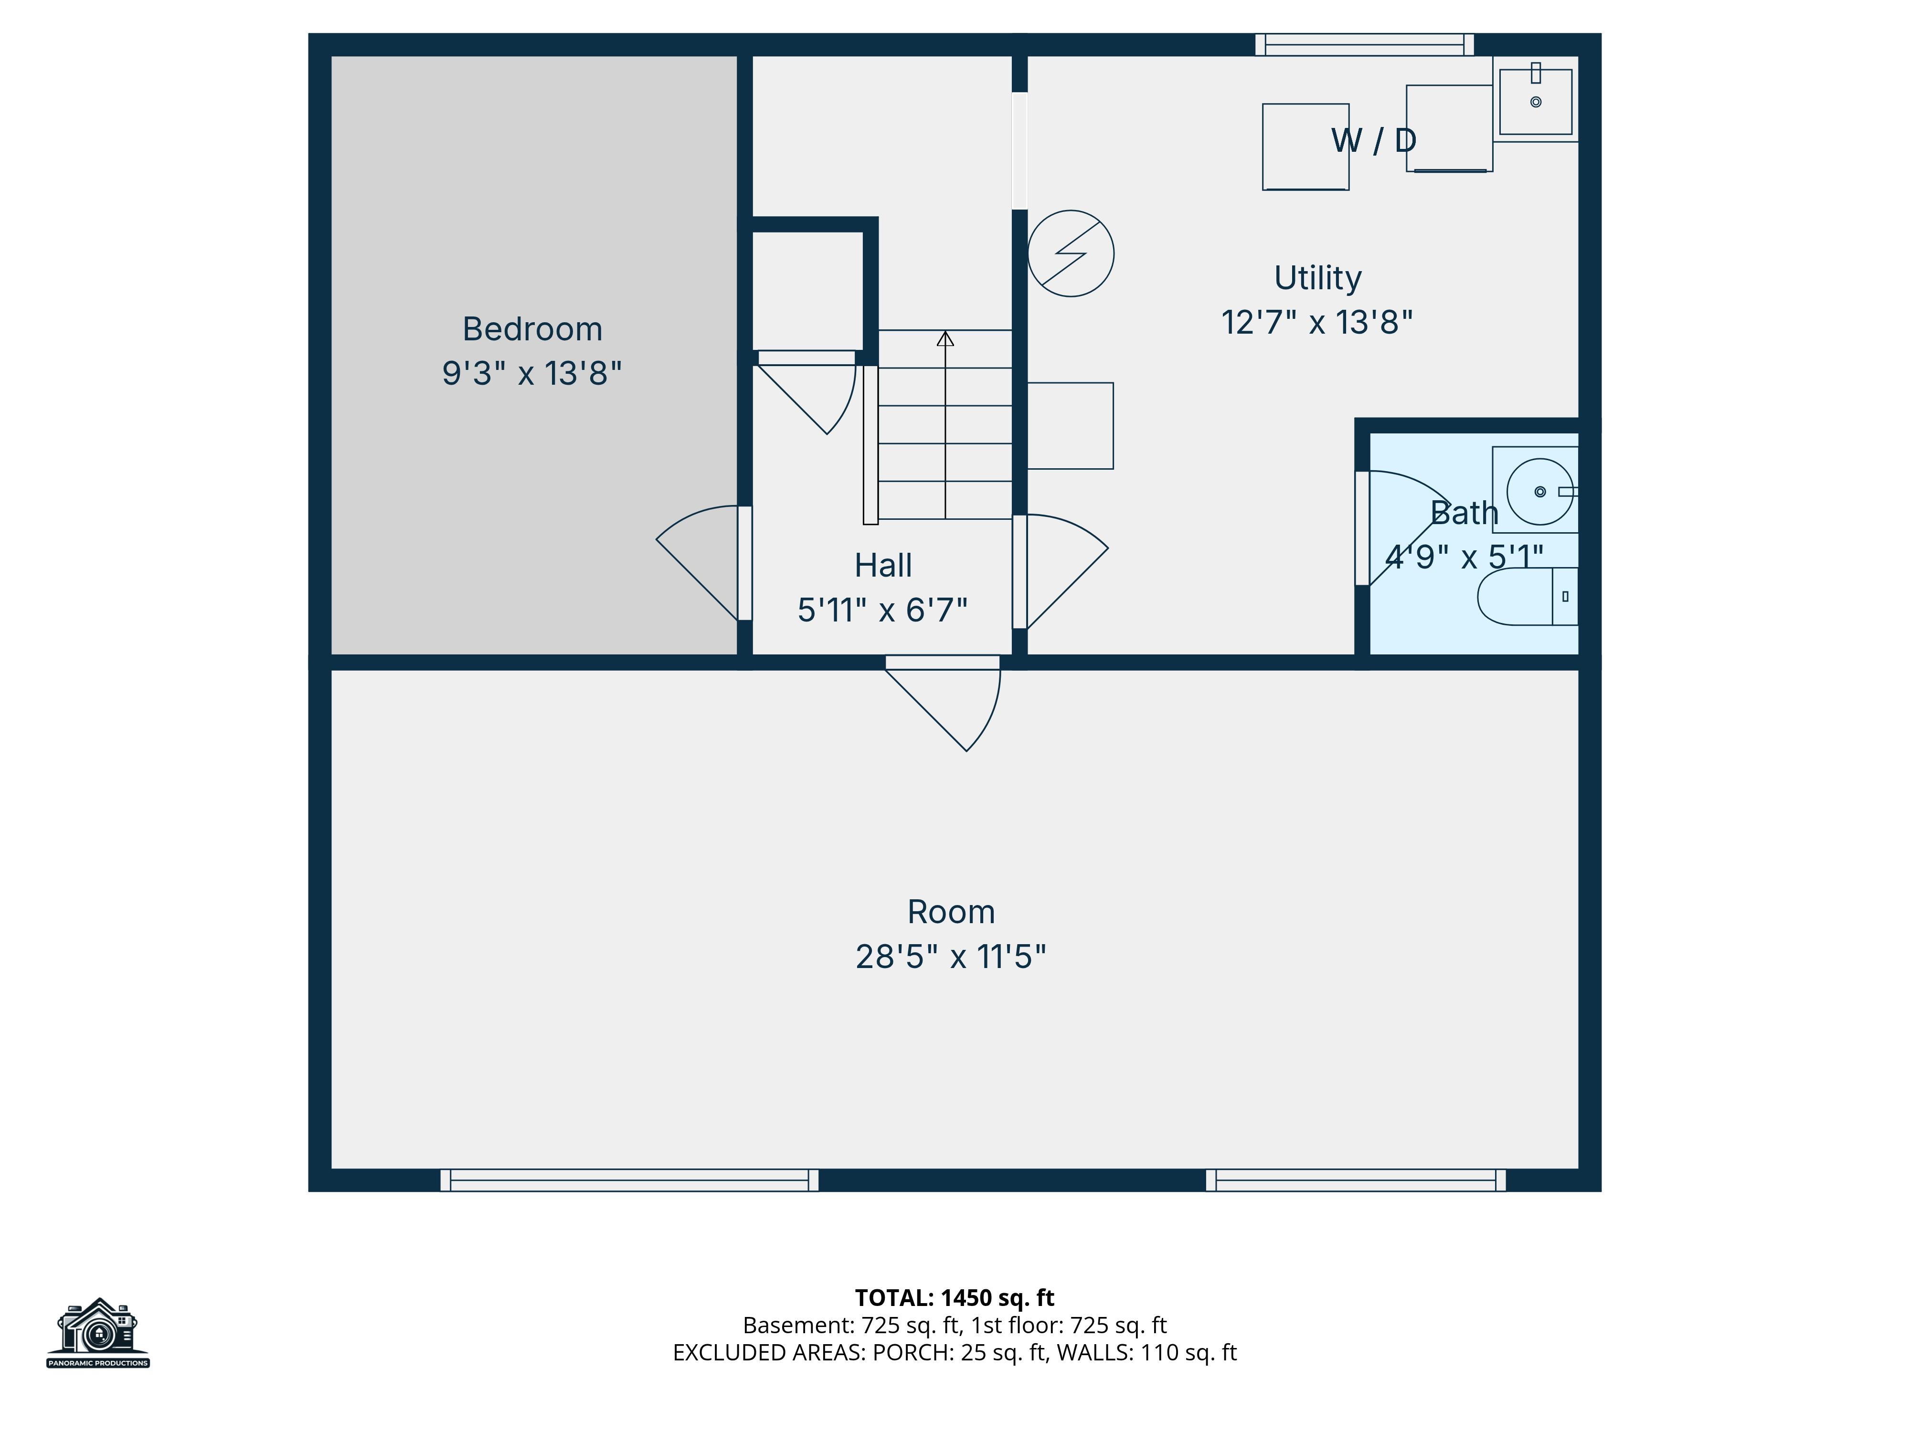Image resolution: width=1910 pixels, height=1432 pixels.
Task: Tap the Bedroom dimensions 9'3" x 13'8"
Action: [x=532, y=373]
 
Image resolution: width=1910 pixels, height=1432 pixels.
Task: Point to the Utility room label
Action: [x=1317, y=278]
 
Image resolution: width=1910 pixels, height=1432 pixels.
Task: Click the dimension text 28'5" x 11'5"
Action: [x=951, y=957]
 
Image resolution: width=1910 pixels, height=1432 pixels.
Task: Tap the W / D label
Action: [x=1374, y=140]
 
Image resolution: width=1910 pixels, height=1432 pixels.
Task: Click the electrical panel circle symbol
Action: [x=1071, y=254]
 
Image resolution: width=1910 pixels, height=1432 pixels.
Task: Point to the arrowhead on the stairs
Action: [x=945, y=338]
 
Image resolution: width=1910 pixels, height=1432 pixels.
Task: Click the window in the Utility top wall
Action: [x=1364, y=45]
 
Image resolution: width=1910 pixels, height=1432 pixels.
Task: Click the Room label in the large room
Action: [x=951, y=912]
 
